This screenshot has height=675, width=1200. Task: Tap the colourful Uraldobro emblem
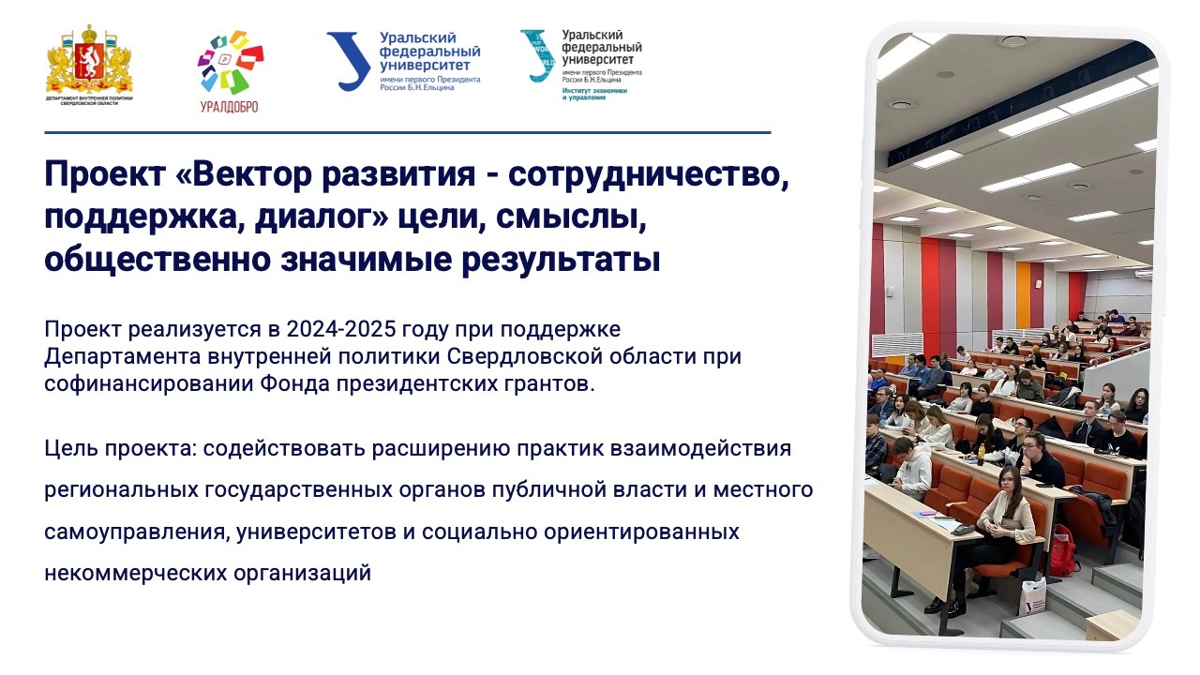[x=231, y=62]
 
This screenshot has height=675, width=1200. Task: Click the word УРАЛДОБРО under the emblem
[x=230, y=107]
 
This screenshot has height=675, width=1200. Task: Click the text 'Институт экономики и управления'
[x=594, y=95]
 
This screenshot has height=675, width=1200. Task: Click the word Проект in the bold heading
[x=105, y=174]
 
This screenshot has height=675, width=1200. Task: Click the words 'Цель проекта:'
[x=120, y=448]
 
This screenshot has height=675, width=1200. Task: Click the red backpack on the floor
[x=1063, y=550]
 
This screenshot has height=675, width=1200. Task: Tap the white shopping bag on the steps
[x=1033, y=596]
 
